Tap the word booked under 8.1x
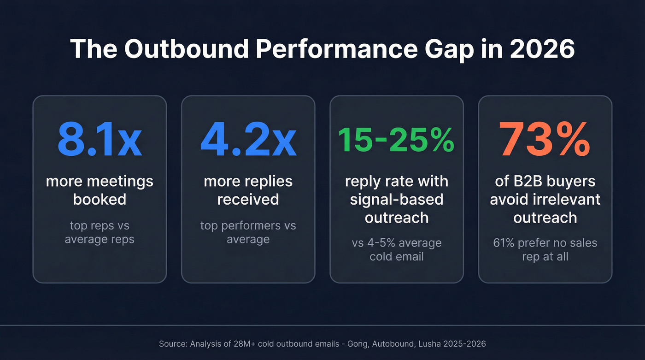(x=100, y=199)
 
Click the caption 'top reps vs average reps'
(x=100, y=232)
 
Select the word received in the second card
(x=248, y=199)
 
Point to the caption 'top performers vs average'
(x=248, y=232)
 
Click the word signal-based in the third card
(x=396, y=199)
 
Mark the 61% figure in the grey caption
(x=504, y=243)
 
